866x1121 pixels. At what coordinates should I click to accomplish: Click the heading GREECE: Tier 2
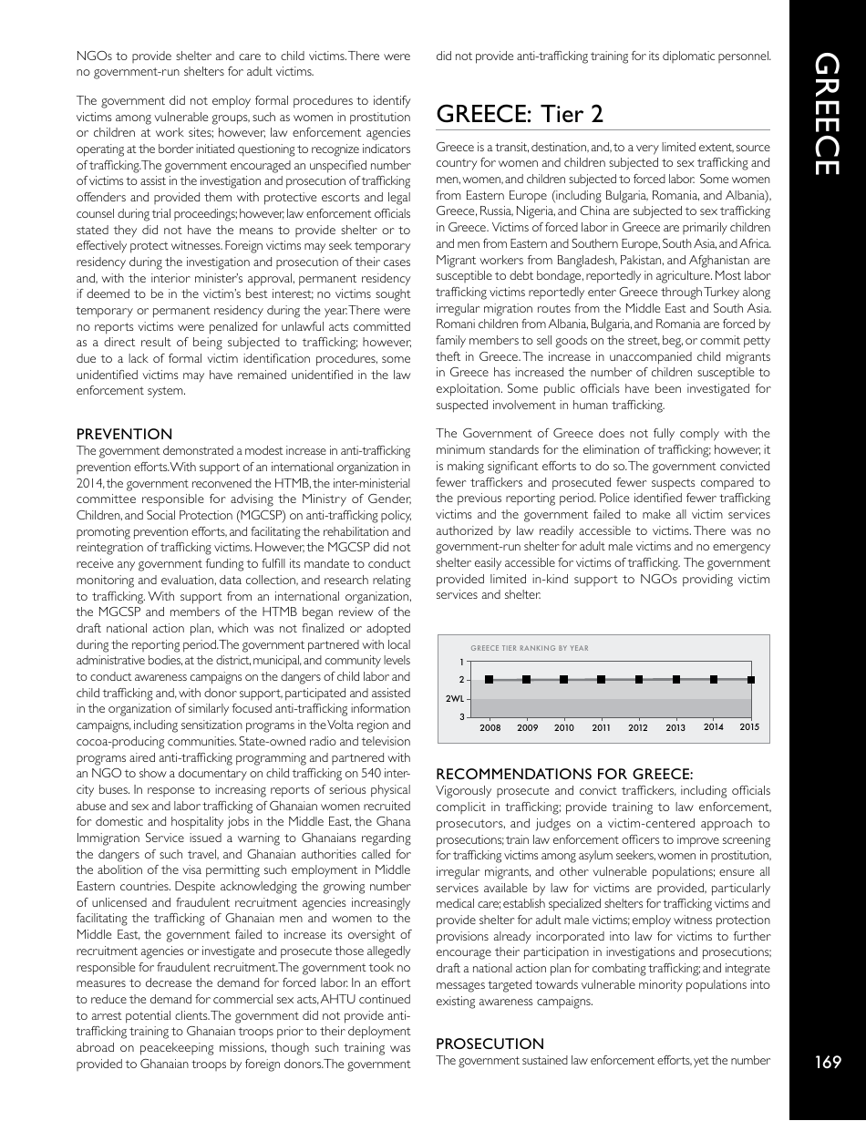tap(520, 114)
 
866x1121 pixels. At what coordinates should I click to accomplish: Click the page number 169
tap(829, 1061)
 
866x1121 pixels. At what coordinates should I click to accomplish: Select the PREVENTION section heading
tap(124, 435)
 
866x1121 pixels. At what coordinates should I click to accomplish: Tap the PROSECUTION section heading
tap(490, 1044)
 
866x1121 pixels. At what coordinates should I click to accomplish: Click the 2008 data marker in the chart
tap(490, 680)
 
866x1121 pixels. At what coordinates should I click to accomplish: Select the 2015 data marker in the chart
tap(750, 679)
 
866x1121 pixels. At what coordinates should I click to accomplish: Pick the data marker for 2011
tap(602, 680)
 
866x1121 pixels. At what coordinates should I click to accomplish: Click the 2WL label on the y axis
tap(454, 698)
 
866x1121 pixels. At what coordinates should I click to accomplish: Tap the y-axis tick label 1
tap(461, 662)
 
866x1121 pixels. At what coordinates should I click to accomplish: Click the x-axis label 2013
tap(675, 728)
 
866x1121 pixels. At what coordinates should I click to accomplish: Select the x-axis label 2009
tap(527, 728)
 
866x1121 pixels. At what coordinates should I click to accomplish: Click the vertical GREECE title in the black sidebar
tap(828, 114)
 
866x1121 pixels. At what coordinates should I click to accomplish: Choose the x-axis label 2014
tap(714, 727)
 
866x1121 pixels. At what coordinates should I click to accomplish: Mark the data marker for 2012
tap(639, 680)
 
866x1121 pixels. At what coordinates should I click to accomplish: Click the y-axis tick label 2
tap(461, 680)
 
